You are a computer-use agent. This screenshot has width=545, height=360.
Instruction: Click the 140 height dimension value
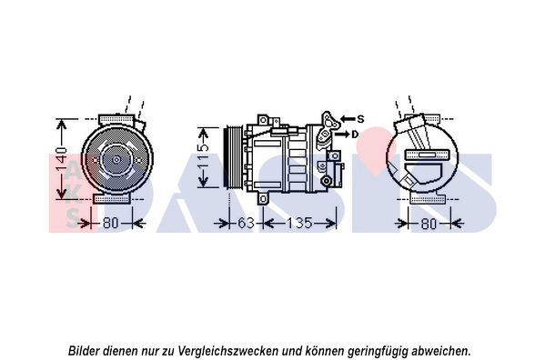(62, 160)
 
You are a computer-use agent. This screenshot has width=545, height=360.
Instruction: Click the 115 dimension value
(204, 157)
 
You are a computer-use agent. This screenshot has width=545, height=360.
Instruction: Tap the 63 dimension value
(246, 223)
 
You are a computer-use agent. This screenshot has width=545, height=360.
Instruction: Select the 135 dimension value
(299, 223)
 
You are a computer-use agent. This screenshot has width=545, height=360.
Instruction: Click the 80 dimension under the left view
(111, 223)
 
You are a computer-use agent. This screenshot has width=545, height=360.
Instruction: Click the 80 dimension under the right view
(429, 224)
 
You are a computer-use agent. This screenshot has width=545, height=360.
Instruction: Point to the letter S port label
(360, 119)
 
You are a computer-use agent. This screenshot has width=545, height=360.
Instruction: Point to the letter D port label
(355, 135)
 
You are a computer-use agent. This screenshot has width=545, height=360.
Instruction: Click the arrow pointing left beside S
(348, 119)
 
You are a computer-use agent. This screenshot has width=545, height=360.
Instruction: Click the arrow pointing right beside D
(342, 135)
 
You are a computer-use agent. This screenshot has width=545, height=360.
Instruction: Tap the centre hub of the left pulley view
(116, 160)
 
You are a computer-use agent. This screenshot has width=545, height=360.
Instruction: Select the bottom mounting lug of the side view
(263, 199)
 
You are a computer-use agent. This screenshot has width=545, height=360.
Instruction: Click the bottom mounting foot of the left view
(112, 199)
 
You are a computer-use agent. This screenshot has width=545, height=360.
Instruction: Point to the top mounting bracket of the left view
(116, 119)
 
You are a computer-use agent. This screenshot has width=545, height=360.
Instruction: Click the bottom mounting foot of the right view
(428, 199)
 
